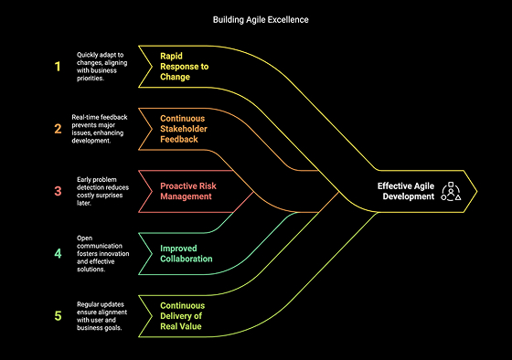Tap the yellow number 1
[x=58, y=66]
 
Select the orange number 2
[x=58, y=128]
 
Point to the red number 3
[x=58, y=191]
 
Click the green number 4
[x=58, y=253]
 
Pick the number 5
[x=58, y=315]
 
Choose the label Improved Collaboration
[x=187, y=253]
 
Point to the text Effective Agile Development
[x=406, y=191]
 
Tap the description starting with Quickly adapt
[x=104, y=66]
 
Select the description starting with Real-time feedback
[x=104, y=128]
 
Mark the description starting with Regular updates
[x=104, y=315]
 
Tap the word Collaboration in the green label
[x=187, y=259]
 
